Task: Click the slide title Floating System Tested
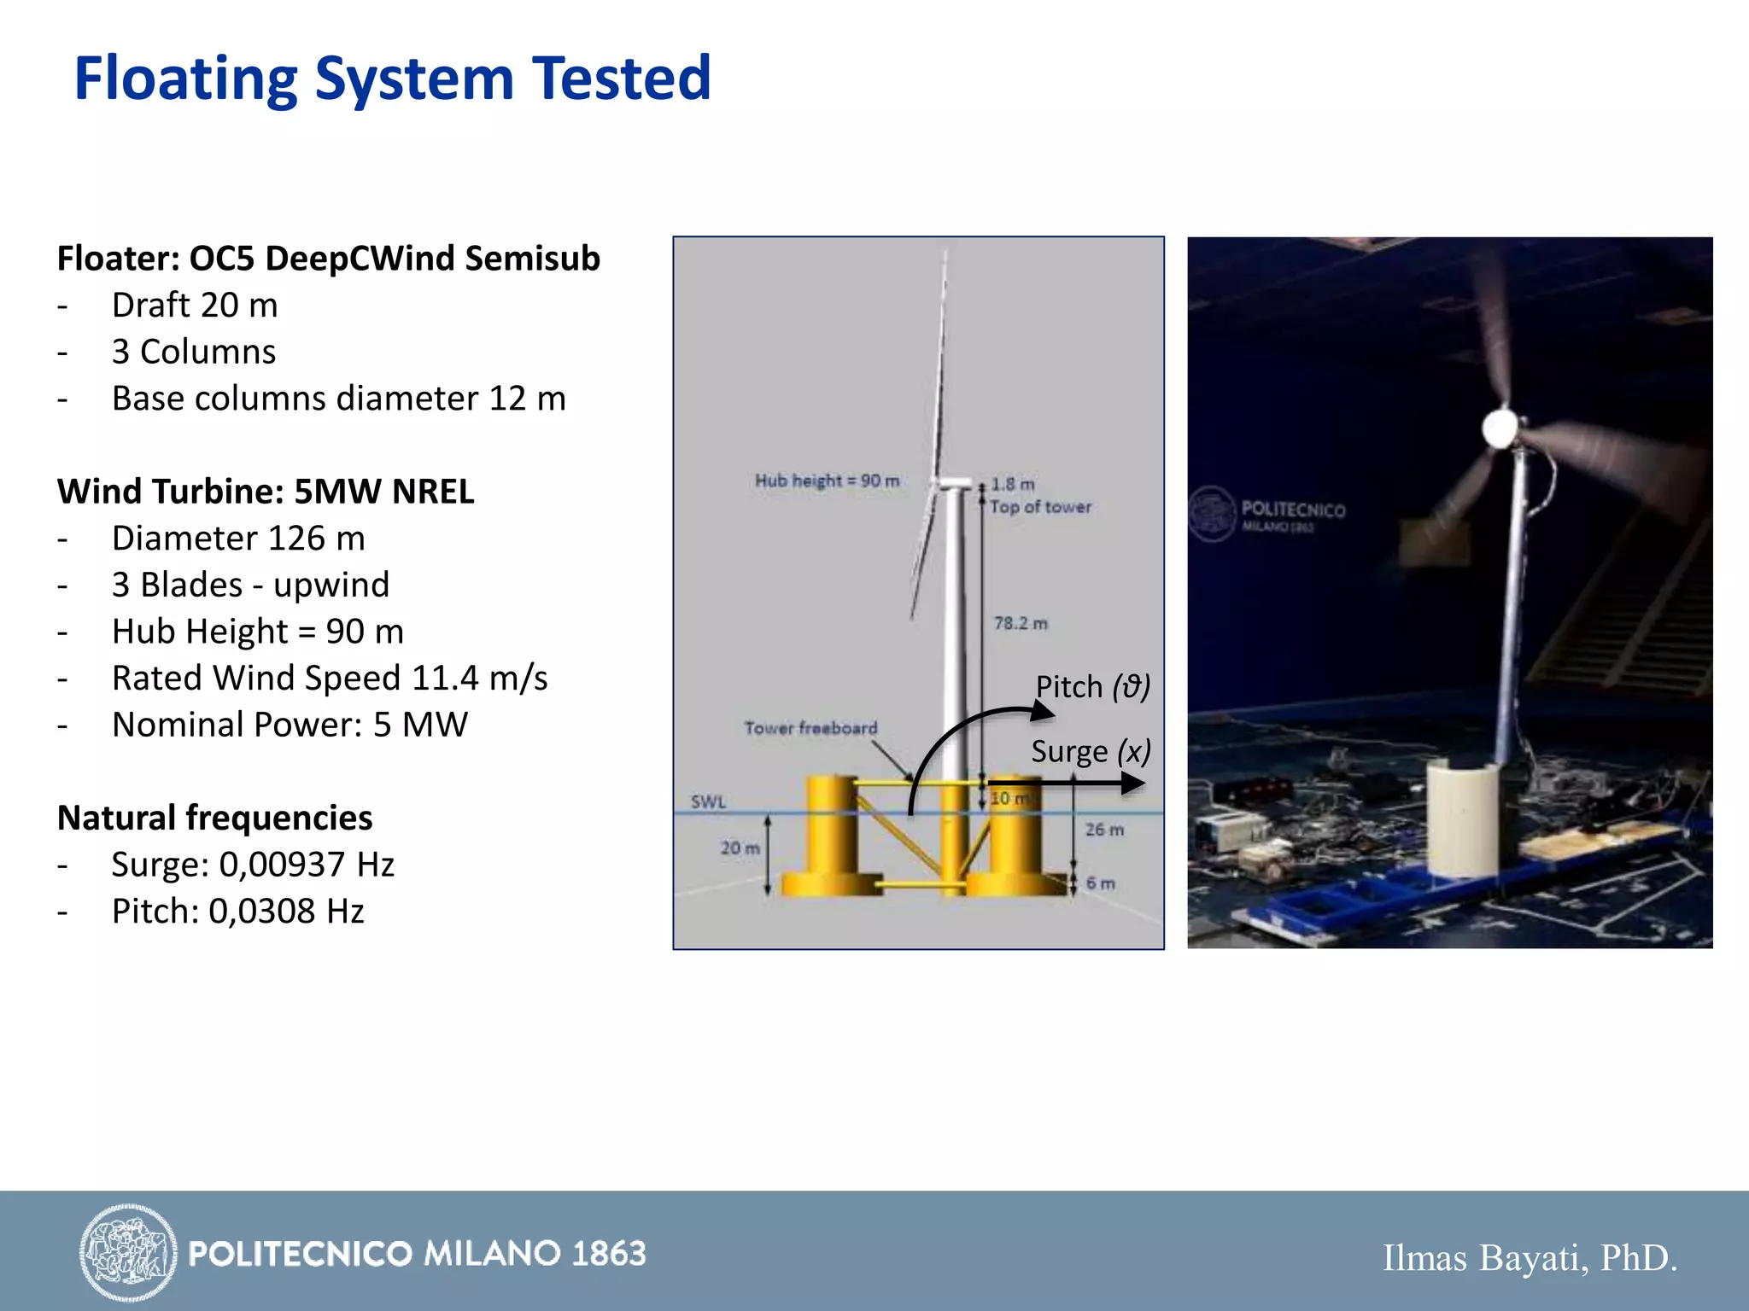(x=392, y=79)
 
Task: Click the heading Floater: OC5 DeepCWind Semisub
(x=328, y=259)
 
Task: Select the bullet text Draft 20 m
(x=195, y=306)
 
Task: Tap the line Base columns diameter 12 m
(x=338, y=399)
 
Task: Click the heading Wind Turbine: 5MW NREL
(x=265, y=492)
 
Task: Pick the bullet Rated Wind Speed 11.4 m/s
(x=330, y=679)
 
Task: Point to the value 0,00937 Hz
(x=307, y=865)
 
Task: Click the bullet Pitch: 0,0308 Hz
(x=237, y=912)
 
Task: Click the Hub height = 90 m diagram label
(x=826, y=481)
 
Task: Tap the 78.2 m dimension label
(x=1020, y=623)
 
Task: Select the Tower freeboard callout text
(x=810, y=728)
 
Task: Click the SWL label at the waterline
(x=708, y=801)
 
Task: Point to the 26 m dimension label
(x=1103, y=830)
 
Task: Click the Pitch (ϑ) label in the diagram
(x=1092, y=687)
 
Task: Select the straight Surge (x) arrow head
(x=1132, y=783)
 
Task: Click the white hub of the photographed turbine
(x=1500, y=428)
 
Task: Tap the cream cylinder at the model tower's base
(x=1461, y=819)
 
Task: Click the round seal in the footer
(x=128, y=1253)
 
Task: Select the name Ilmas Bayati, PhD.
(x=1530, y=1258)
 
